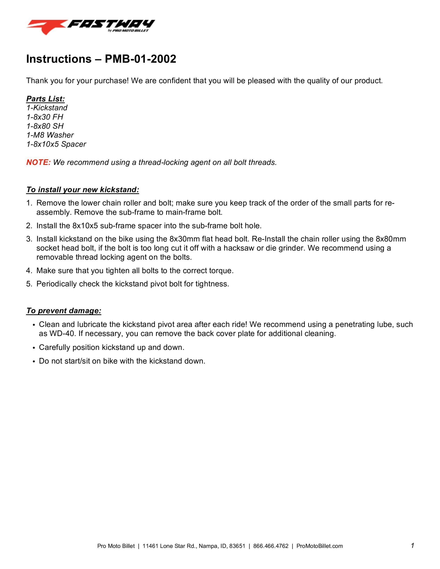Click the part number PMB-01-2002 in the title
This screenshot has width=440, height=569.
140,59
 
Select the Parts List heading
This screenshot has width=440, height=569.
45,99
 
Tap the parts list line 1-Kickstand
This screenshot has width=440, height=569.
47,108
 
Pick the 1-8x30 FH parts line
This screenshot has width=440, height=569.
44,117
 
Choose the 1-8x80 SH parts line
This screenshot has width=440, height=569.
45,126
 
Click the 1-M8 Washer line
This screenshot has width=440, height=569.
50,135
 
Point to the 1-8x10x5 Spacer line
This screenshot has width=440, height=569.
56,144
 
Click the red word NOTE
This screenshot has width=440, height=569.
38,162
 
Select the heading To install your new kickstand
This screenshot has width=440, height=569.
83,190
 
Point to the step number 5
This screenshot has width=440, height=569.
29,284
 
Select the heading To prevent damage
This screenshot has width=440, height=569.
64,311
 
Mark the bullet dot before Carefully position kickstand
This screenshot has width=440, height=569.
34,348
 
